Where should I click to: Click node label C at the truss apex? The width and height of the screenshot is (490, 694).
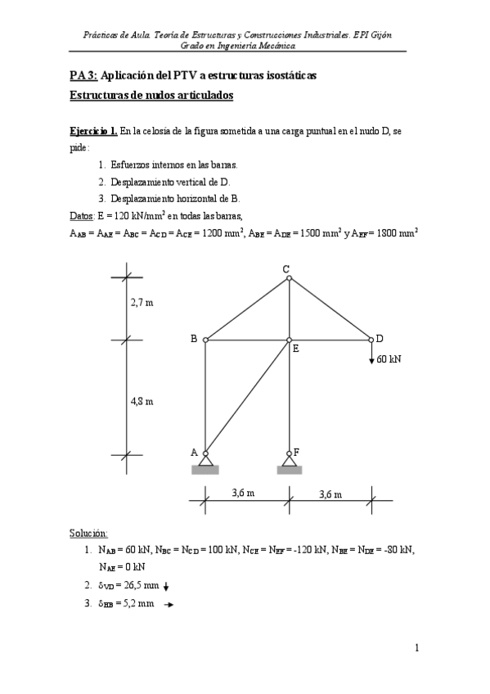285,269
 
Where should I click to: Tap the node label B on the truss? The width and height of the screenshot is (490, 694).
194,338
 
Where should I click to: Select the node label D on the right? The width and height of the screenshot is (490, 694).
380,338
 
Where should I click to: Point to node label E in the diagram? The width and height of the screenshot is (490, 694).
295,349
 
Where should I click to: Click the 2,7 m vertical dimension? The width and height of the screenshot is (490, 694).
142,303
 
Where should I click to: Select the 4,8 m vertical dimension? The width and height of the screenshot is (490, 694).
142,401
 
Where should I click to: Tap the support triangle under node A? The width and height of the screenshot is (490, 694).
205,461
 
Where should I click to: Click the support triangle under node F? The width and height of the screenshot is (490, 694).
289,461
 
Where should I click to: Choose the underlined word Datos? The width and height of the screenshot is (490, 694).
83,216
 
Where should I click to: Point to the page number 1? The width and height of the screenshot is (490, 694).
416,649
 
